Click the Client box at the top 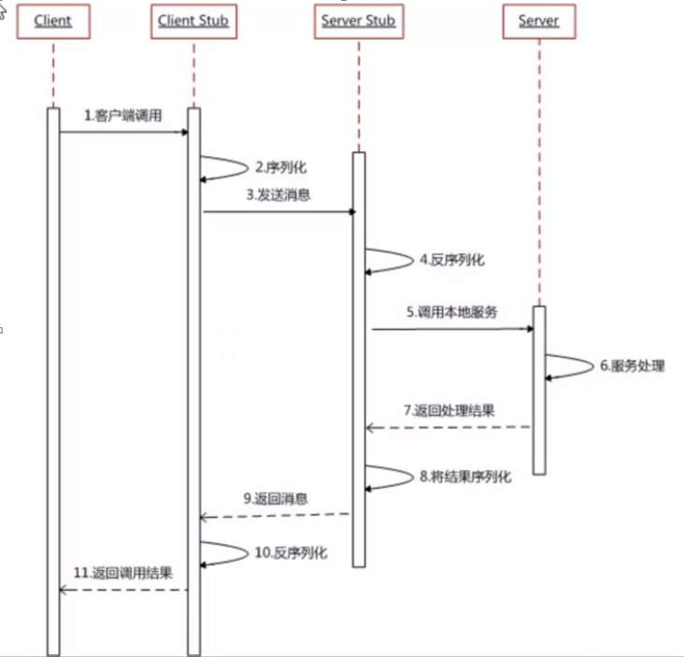coord(53,21)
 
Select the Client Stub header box coord(194,21)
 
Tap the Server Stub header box coord(359,21)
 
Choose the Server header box coord(538,21)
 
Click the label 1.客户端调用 coord(122,116)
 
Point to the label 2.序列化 coord(280,168)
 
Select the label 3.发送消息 coord(278,195)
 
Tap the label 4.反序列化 coord(452,259)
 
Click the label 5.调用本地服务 coord(452,312)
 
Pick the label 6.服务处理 coord(632,366)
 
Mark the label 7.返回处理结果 coord(449,410)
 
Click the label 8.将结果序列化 coord(464,477)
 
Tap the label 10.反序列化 coord(291,552)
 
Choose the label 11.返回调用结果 coord(123,571)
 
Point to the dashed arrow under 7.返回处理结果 coord(449,427)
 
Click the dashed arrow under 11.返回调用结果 coord(123,589)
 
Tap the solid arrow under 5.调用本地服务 coord(452,329)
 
